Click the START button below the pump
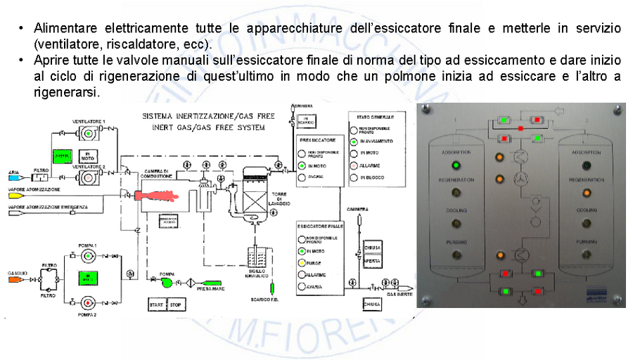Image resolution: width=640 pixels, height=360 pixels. pyautogui.click(x=155, y=305)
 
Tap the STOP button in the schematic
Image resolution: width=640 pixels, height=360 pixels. pyautogui.click(x=176, y=305)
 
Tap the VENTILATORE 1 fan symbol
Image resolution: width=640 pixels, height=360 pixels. pyautogui.click(x=88, y=133)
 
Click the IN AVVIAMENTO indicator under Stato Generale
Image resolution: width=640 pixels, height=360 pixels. pyautogui.click(x=354, y=141)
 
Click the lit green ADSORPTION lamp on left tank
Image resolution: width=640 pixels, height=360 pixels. pyautogui.click(x=455, y=166)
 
